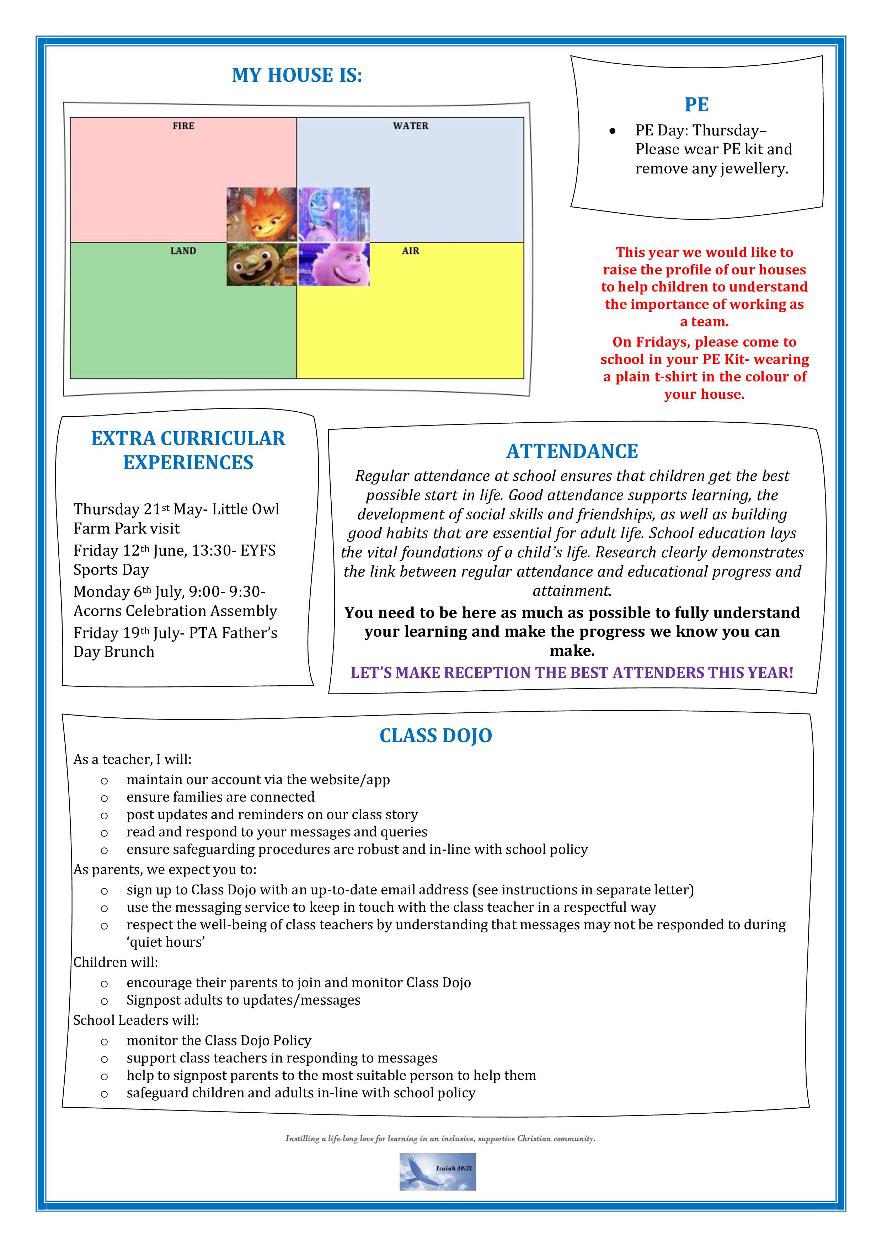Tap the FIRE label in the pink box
click(x=183, y=126)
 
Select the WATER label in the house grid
click(x=411, y=126)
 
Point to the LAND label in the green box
click(x=183, y=251)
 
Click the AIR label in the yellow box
click(x=411, y=251)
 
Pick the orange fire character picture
click(x=262, y=215)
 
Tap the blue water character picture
click(x=334, y=215)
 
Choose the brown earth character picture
click(x=262, y=264)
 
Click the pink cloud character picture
click(x=334, y=264)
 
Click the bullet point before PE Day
click(x=613, y=131)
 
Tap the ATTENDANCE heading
click(x=572, y=451)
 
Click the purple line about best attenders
click(x=572, y=673)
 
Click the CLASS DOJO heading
click(x=435, y=735)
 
